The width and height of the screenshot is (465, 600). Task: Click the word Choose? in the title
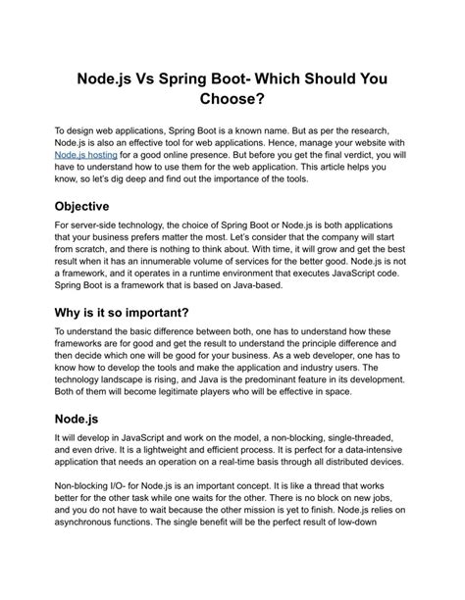pyautogui.click(x=232, y=98)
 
